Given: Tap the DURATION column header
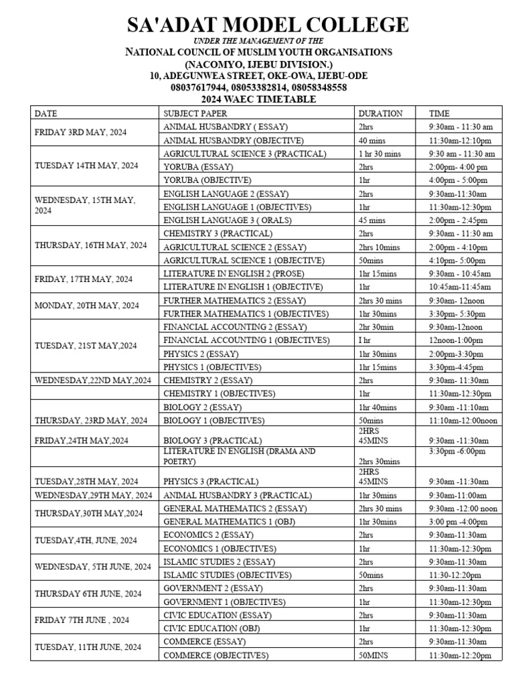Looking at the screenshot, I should pos(380,113).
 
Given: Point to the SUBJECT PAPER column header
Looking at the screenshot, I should pos(195,113).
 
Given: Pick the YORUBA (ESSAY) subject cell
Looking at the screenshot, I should pos(198,167).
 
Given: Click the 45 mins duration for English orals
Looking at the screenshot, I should pos(372,220).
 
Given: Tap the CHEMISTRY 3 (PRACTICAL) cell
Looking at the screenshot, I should pos(218,234).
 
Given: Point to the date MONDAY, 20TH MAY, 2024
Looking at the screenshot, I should pos(87,305).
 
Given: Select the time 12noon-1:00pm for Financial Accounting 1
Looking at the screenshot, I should pos(455,340).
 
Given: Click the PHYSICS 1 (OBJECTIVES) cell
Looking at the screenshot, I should pos(212,367).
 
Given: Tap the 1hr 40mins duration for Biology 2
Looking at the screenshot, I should pos(377,407).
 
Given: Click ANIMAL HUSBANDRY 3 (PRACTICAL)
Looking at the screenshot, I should pos(238,495).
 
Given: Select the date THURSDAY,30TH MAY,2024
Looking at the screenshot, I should pos(88,514).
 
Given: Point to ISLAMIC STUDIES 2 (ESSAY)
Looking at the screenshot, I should pos(212,561).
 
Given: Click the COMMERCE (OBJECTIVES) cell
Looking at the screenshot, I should pos(216,655).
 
